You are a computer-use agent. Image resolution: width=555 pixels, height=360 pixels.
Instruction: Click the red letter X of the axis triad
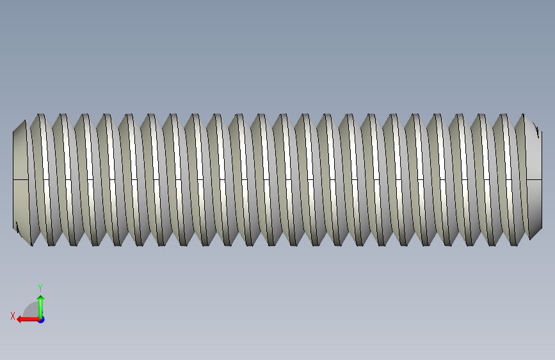[x=13, y=316]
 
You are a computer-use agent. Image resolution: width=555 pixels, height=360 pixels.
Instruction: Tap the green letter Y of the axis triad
[x=40, y=288]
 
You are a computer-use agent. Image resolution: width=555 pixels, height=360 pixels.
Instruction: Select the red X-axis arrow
[x=29, y=320]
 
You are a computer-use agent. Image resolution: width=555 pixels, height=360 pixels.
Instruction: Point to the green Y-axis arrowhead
[x=41, y=299]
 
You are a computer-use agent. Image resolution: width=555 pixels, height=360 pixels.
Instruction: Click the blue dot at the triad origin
[x=42, y=320]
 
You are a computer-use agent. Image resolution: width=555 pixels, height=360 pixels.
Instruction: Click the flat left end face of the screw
[x=20, y=181]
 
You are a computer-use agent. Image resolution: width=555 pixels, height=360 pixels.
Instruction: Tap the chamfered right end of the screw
[x=534, y=177]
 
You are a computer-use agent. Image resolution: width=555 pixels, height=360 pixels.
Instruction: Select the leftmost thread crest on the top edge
[x=41, y=115]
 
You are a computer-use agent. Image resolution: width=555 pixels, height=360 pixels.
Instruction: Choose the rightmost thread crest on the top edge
[x=524, y=115]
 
